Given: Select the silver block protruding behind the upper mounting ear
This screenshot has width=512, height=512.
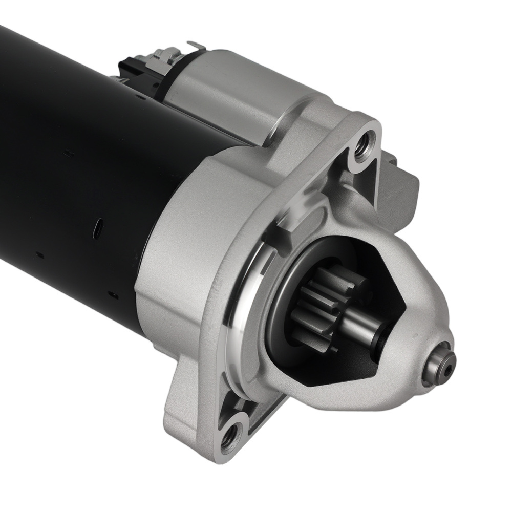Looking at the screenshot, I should tap(404, 179).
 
